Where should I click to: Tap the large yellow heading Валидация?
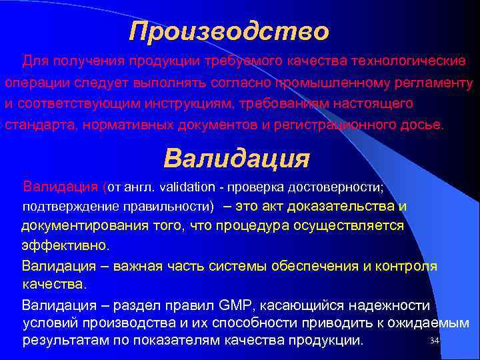237,159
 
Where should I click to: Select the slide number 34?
435,341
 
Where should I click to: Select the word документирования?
87,225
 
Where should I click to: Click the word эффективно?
65,245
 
